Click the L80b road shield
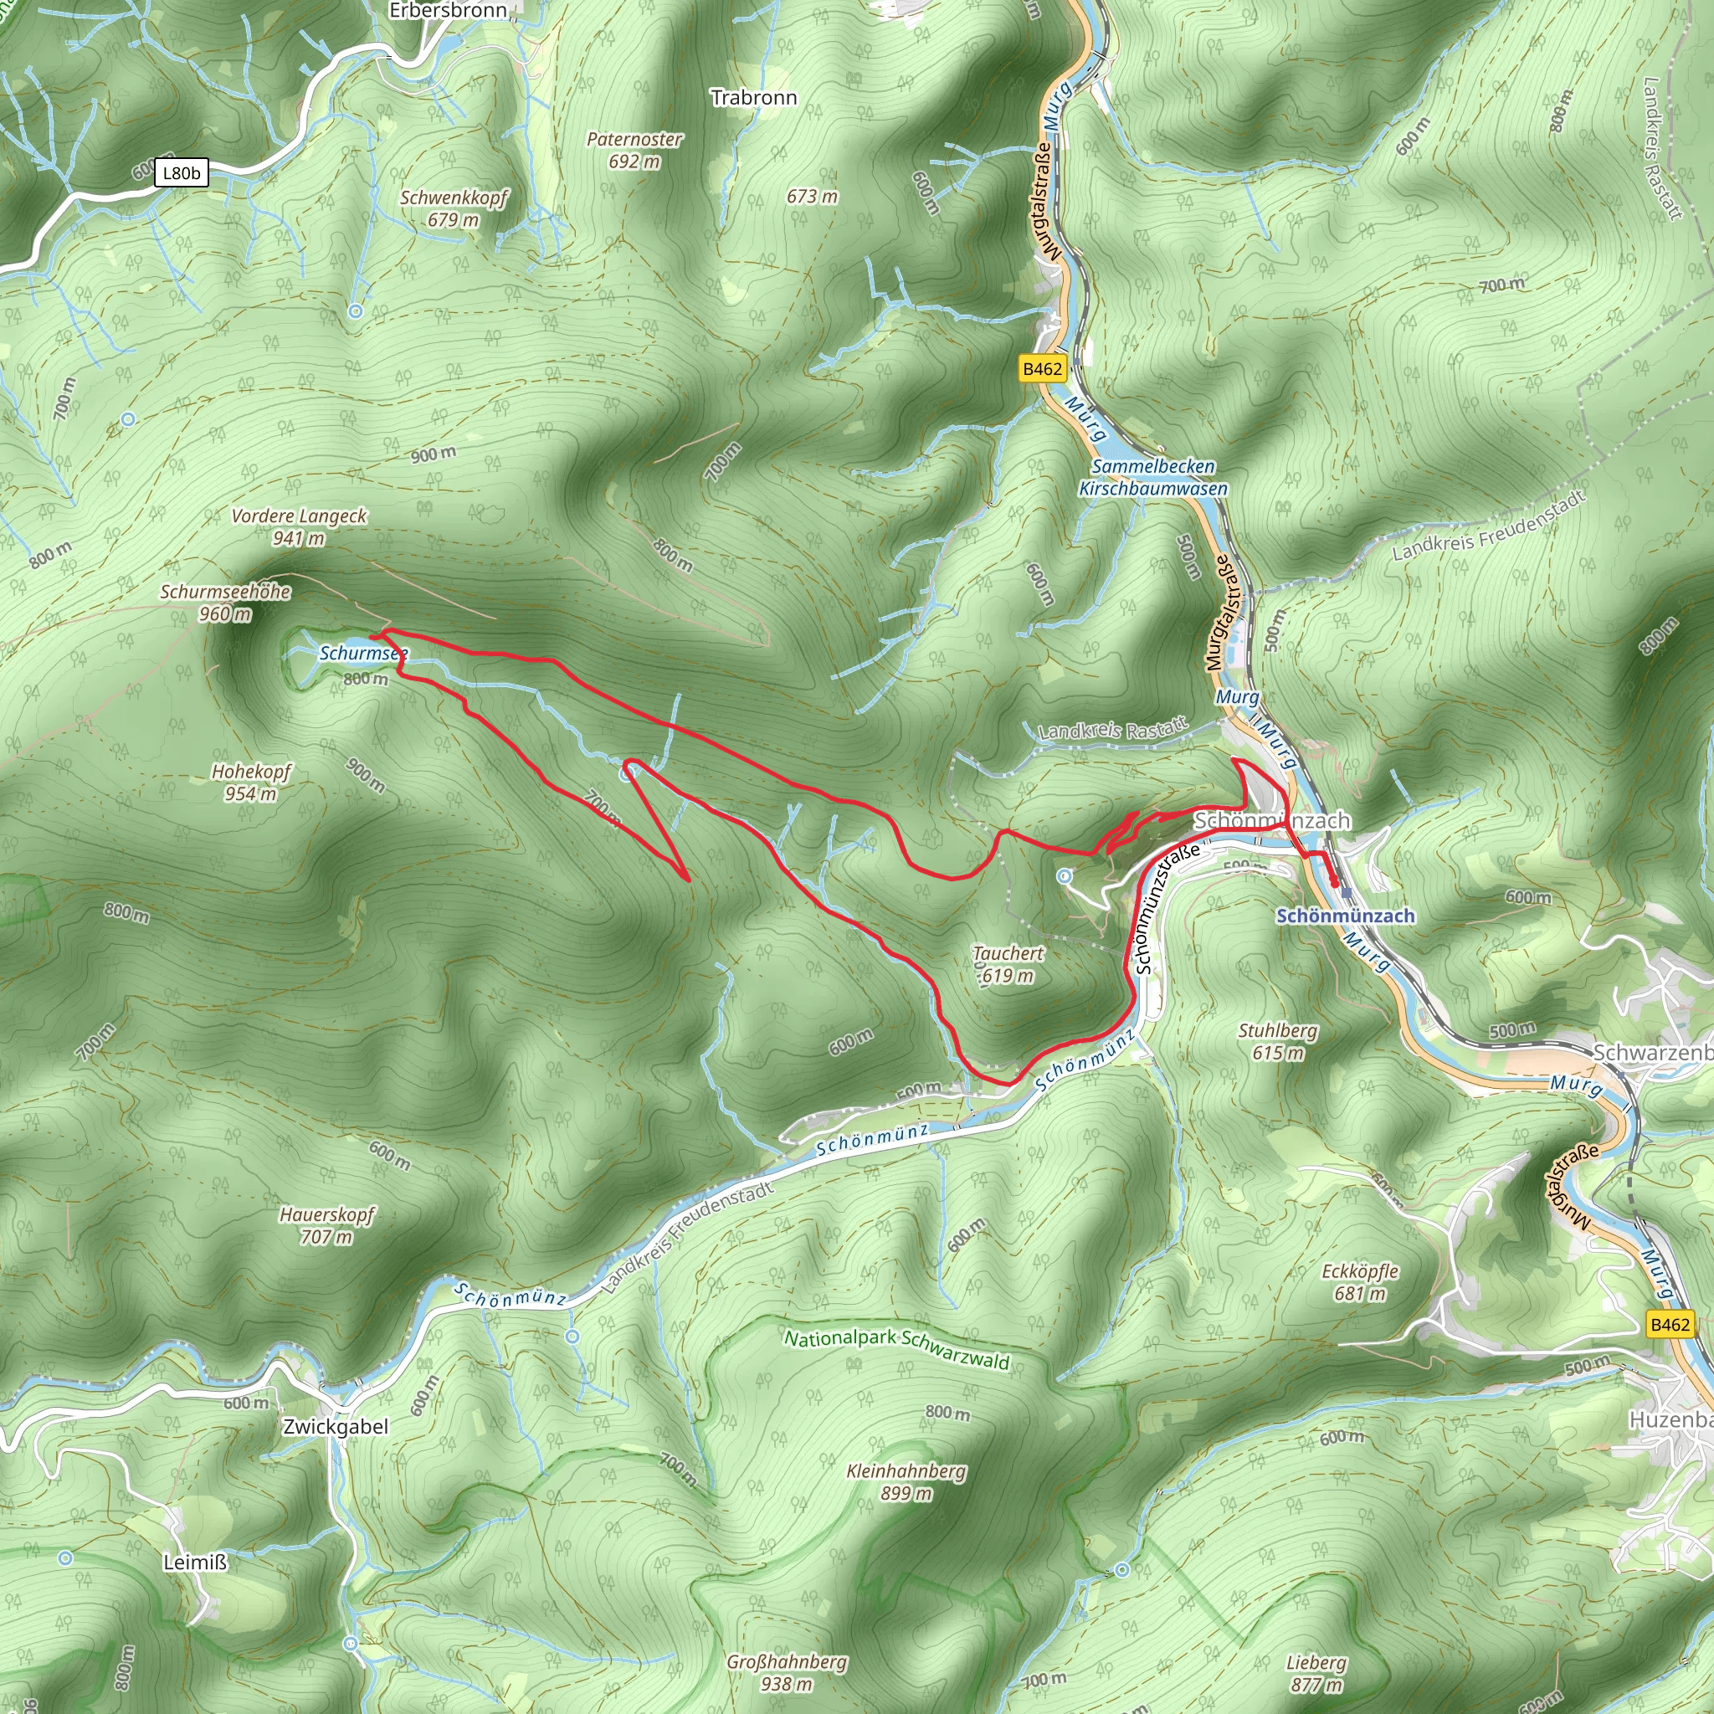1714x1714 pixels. tap(181, 173)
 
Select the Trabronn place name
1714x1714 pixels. tap(753, 98)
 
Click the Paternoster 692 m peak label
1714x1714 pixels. tap(634, 150)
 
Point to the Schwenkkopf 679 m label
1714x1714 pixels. tap(453, 208)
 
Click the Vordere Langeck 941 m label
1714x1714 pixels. tap(299, 527)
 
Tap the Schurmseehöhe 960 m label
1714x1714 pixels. tap(225, 603)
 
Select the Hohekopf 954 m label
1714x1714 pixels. tap(251, 783)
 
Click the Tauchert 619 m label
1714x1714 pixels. tap(1008, 964)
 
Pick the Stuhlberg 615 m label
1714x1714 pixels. tap(1277, 1041)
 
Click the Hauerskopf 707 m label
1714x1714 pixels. tap(326, 1225)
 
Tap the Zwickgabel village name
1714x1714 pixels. tap(336, 1427)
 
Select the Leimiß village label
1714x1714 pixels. tap(195, 1563)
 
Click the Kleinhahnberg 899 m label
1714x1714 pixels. tap(906, 1481)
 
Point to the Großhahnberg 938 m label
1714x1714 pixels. tap(787, 1672)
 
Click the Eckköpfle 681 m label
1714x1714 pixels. tap(1360, 1282)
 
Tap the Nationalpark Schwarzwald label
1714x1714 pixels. tap(897, 1347)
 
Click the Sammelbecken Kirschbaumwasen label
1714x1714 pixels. tap(1153, 477)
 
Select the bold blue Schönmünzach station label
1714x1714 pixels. tap(1345, 916)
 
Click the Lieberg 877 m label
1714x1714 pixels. tap(1316, 1673)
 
